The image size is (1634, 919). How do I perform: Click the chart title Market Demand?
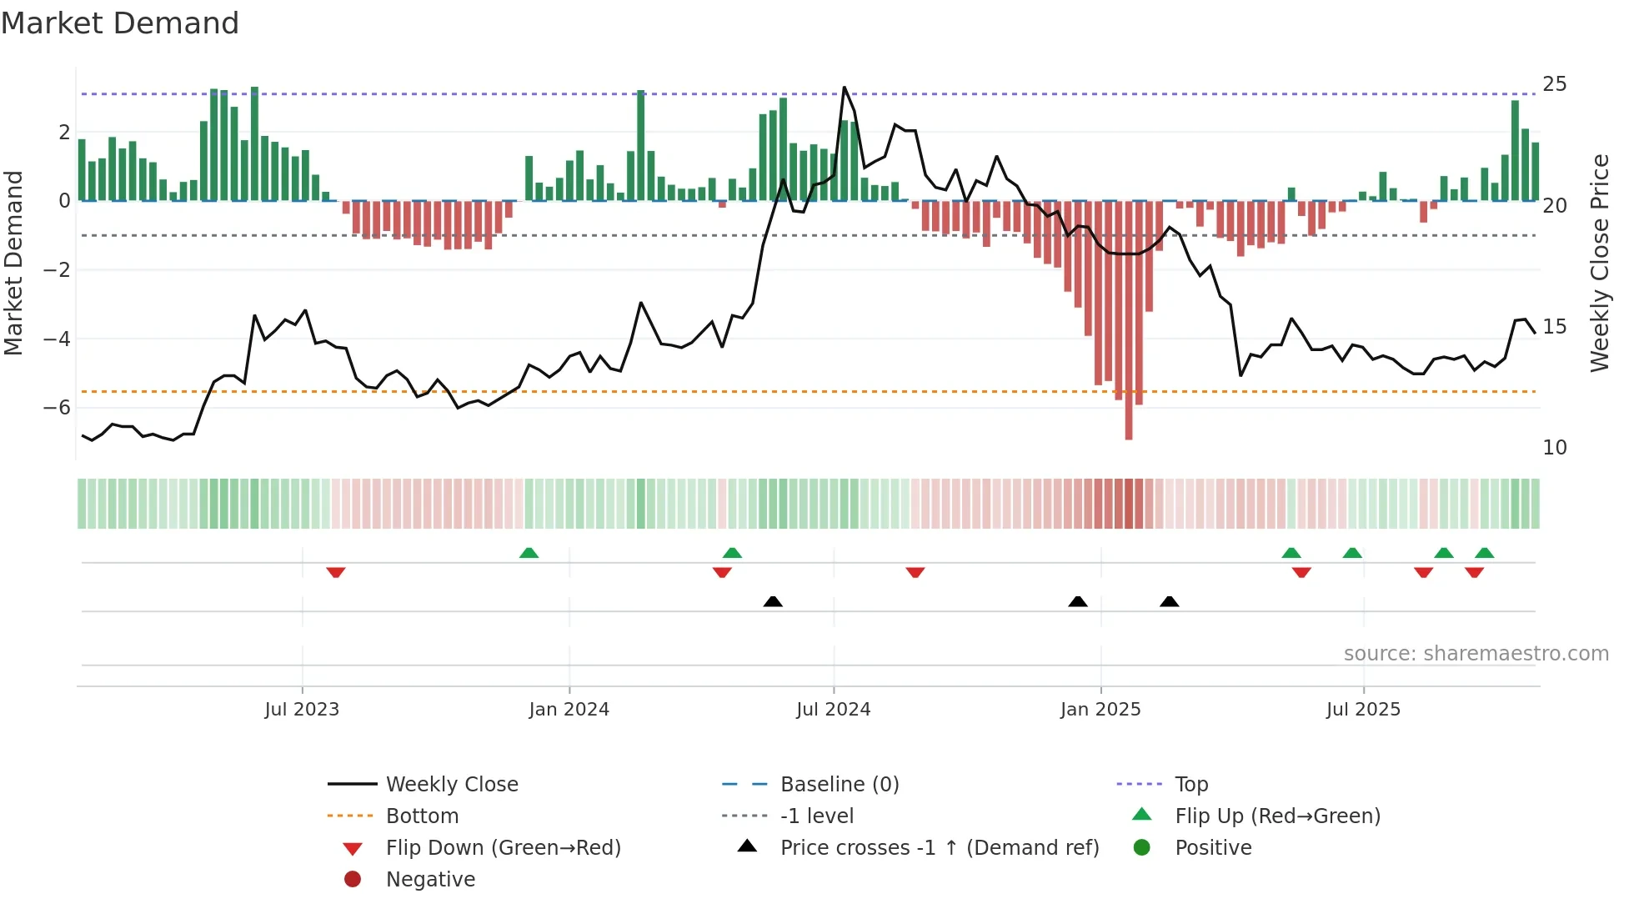(x=120, y=23)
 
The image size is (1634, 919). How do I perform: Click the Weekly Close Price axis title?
(x=1599, y=263)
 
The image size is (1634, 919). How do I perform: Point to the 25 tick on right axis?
(x=1554, y=84)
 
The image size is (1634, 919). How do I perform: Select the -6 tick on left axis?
(x=57, y=408)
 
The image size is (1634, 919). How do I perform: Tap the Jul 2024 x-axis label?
(x=833, y=710)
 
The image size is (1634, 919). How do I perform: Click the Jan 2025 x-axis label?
(x=1100, y=710)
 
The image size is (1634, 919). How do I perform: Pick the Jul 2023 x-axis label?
(x=302, y=710)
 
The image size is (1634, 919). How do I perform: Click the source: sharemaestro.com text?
(x=1476, y=654)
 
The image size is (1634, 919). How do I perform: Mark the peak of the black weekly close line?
(x=844, y=87)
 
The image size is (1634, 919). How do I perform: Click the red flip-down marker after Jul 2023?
(x=336, y=572)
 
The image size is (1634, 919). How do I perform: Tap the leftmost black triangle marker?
(x=773, y=601)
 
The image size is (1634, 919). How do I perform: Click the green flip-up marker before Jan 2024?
(x=529, y=552)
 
